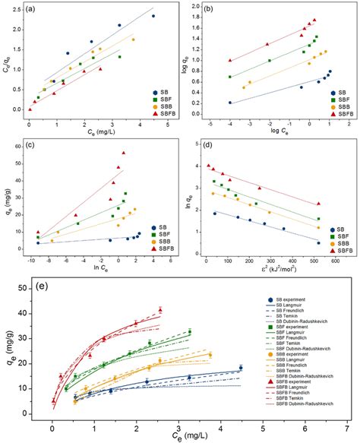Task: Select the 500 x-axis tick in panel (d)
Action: [x=313, y=260]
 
